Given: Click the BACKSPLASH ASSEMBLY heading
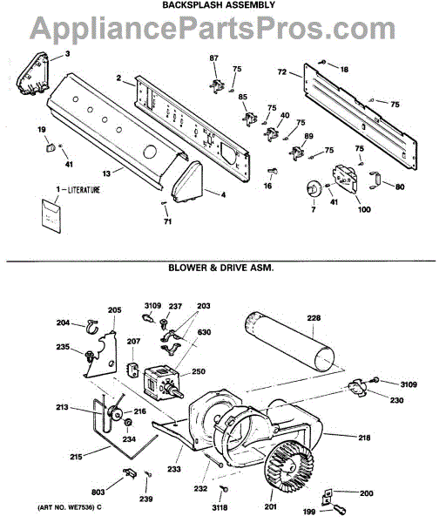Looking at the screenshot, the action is (x=219, y=4).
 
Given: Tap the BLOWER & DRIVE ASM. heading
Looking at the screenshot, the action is (x=221, y=268).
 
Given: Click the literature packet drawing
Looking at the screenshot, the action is (x=51, y=216).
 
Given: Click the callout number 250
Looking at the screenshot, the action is (x=199, y=371).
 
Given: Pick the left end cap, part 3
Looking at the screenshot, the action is (x=33, y=73).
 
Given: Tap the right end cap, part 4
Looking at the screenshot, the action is (x=187, y=182).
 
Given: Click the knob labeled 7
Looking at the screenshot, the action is (x=313, y=190).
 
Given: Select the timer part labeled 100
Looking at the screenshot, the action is (x=345, y=179).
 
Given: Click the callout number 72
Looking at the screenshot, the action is (x=282, y=71).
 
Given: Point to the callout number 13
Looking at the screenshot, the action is (x=106, y=173).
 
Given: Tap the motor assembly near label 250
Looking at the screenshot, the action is (x=163, y=382).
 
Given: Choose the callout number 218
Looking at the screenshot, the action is (x=364, y=438).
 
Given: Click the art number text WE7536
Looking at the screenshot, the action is (x=81, y=507).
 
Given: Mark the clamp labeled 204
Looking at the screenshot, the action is (x=91, y=327).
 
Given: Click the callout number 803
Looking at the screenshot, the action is (x=98, y=492).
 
